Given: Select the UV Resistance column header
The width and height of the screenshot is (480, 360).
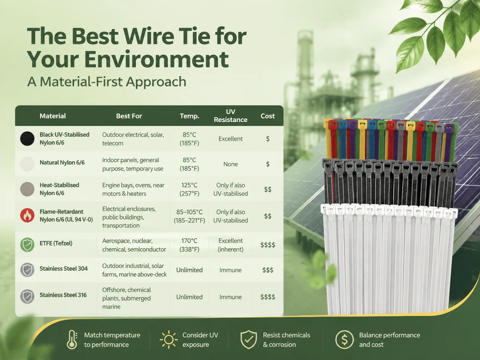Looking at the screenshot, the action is pos(230,116).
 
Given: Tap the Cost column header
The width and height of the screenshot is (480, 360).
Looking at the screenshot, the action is pos(268,116).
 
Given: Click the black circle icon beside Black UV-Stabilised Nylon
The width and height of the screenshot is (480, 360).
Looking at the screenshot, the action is pos(27,139).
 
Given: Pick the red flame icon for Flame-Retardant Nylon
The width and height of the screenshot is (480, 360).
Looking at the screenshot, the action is pos(27,215).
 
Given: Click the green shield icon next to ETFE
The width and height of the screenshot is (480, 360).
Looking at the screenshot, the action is pos(27,245).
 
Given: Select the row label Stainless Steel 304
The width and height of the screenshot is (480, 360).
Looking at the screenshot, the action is pos(64,269).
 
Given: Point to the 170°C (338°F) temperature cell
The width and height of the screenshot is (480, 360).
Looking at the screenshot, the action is pos(189,245).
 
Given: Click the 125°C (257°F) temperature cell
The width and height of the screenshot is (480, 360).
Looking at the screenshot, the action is pos(189,189).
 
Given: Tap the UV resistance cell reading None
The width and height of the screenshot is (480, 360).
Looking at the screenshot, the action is pos(230,164).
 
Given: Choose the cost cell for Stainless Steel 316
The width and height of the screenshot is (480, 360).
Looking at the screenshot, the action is pos(268,297).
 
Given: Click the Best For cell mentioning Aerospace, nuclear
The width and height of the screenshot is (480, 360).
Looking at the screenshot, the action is pos(134,245).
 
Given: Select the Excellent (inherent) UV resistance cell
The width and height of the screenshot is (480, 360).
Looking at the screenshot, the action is pos(230,245).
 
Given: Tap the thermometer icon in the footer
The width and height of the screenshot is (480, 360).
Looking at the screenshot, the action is pos(72,340).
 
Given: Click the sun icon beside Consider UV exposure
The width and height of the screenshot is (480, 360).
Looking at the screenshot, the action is pos(169,340).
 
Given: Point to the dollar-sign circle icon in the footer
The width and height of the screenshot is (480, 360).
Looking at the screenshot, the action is pos(344,340).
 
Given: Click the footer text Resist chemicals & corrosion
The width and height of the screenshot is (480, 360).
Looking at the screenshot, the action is pos(286,340).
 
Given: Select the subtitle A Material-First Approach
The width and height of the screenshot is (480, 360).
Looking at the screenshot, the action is pos(107,82).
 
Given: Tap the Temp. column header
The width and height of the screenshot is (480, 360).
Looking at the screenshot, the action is pos(189,116).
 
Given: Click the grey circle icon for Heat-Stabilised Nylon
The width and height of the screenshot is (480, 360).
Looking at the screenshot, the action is pos(27,189).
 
